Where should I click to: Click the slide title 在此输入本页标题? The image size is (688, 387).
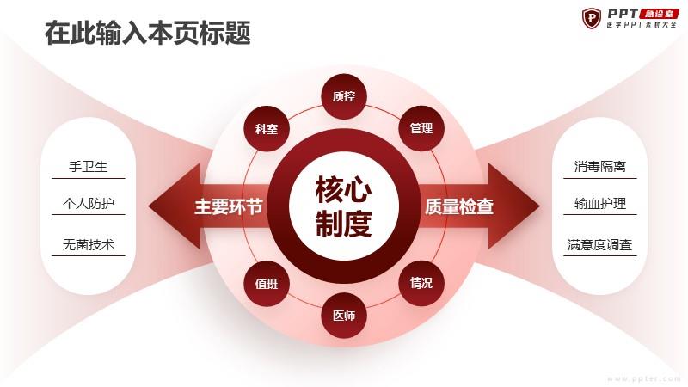click(148, 33)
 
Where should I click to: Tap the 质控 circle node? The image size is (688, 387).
click(343, 96)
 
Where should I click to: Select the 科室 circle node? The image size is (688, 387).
click(267, 129)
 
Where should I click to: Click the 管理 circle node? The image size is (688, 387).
click(421, 128)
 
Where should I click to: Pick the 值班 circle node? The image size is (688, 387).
click(267, 284)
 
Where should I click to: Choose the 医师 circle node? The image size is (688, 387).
click(343, 316)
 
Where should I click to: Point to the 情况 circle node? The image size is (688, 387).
click(421, 283)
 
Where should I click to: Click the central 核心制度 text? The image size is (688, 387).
click(343, 206)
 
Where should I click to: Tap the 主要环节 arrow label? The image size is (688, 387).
click(229, 206)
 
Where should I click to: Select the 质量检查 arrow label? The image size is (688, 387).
click(459, 206)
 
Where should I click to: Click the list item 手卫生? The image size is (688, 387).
click(89, 167)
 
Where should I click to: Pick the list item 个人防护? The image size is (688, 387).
click(89, 204)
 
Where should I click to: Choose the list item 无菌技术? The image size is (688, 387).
click(89, 244)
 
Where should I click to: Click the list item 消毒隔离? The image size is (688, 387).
click(599, 167)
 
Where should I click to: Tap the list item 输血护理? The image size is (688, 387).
click(599, 204)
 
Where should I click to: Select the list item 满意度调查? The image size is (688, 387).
click(599, 244)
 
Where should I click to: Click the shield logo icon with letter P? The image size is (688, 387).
click(592, 18)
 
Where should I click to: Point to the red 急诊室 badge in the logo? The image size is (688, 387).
click(659, 14)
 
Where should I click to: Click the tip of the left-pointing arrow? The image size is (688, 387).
click(149, 206)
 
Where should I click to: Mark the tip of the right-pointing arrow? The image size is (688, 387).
click(540, 206)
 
